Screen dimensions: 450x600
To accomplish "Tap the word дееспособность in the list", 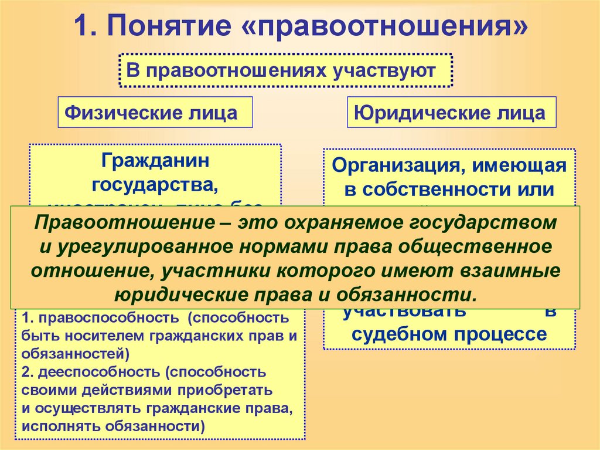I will pos(101,372).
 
